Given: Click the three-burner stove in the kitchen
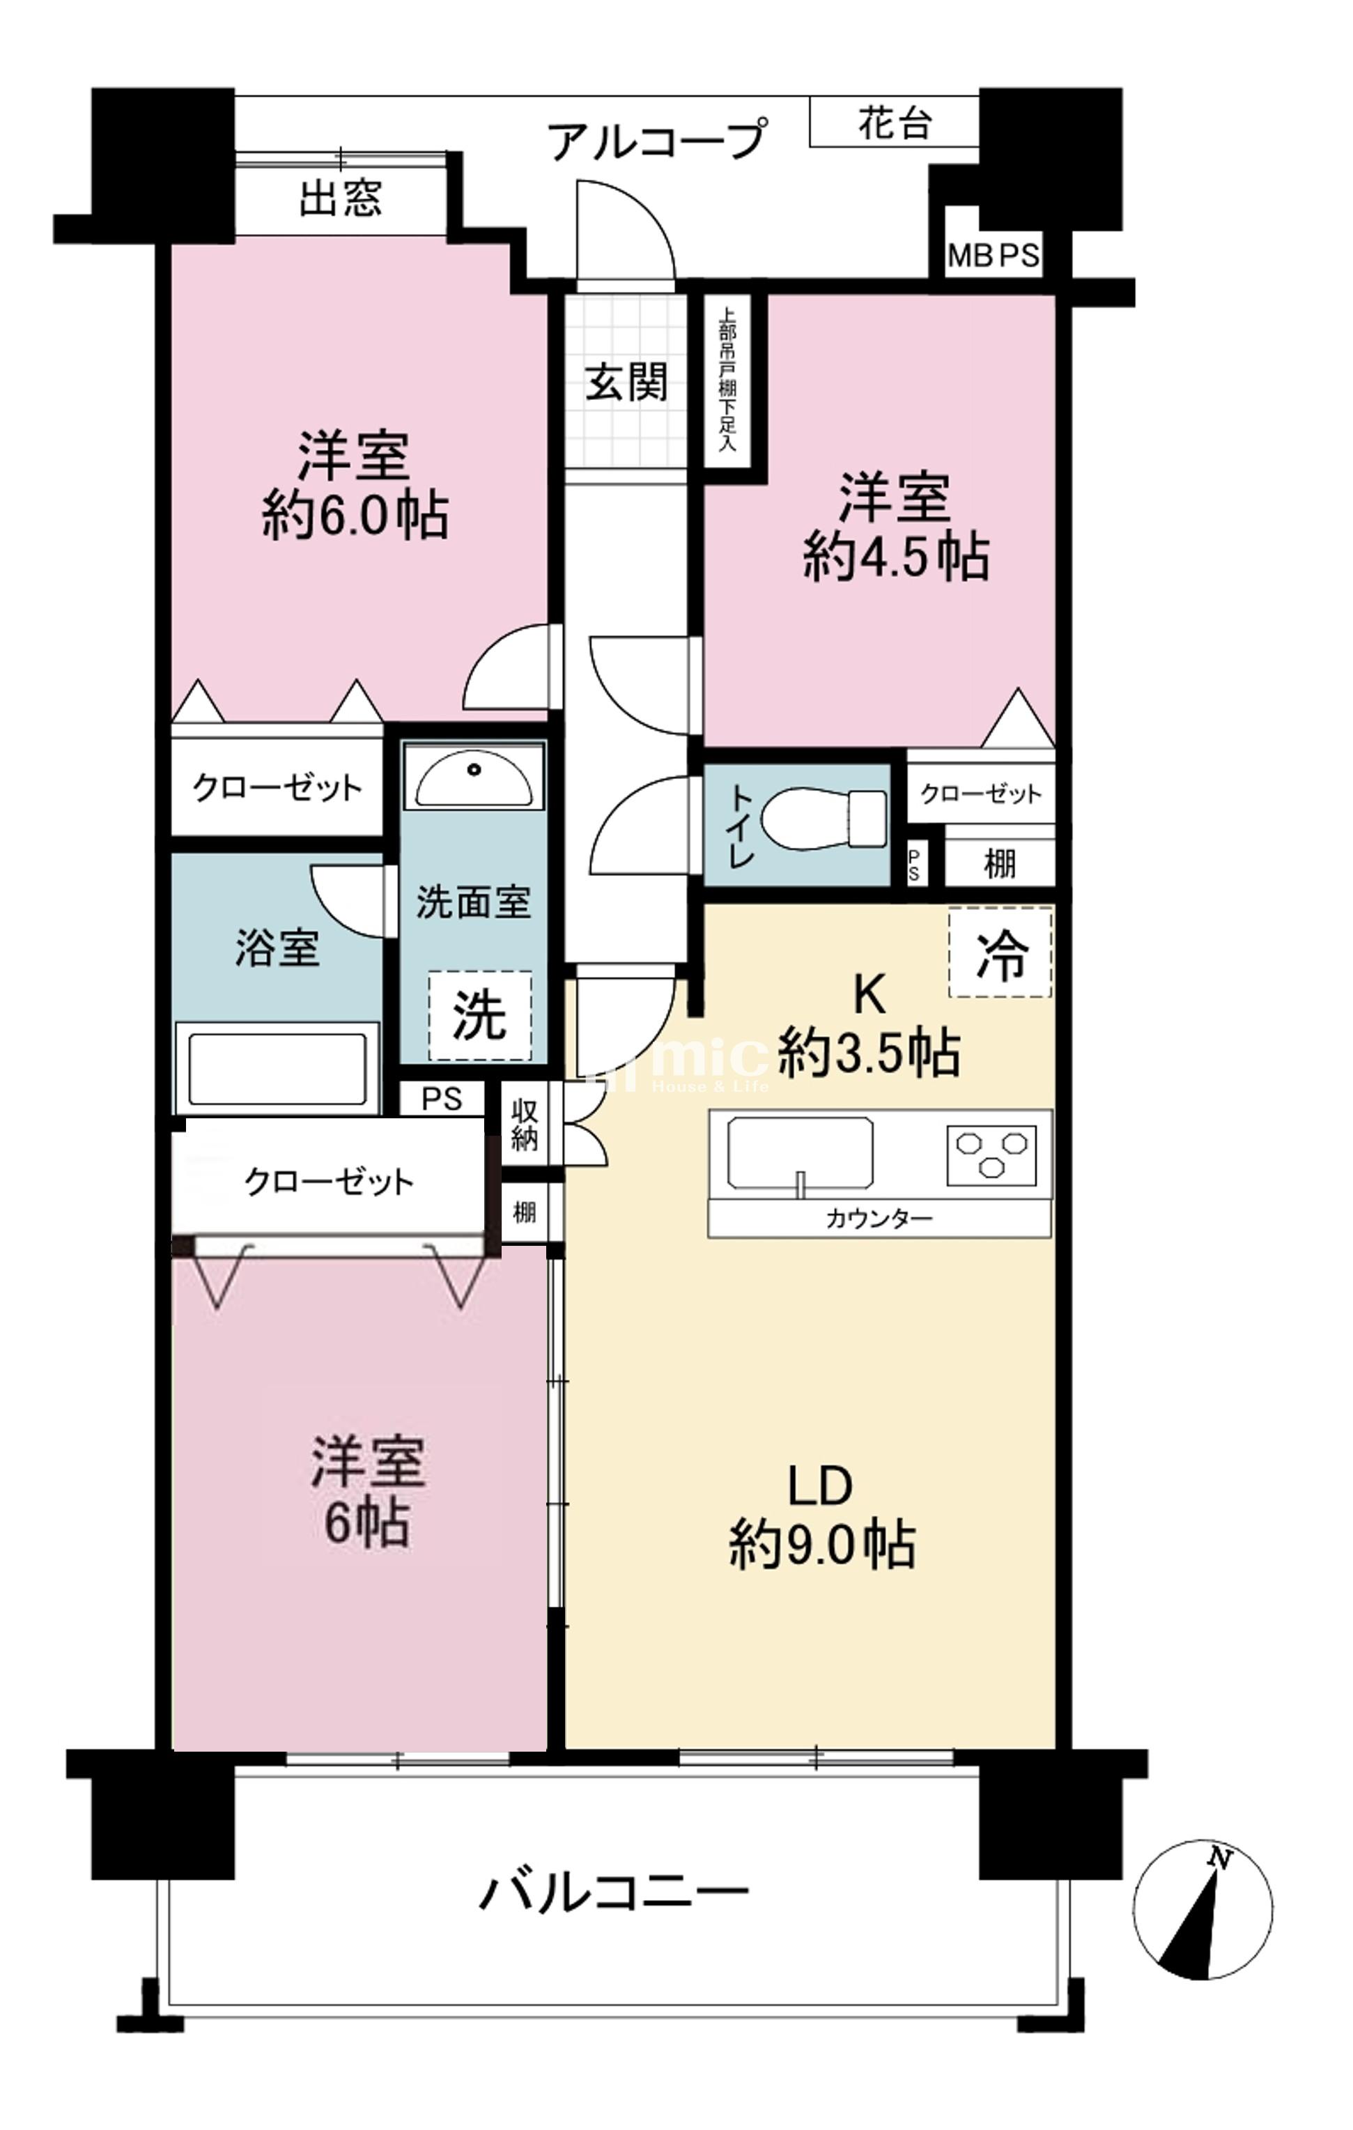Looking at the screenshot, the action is pos(991,1155).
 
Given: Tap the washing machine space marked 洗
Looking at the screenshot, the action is pos(480,1015).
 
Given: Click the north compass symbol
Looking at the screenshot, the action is pos(1203,1910).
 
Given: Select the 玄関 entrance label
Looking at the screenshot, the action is pos(626,383).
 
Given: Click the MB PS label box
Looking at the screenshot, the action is pos(993,256).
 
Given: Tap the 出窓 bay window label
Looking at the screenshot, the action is pos(341,197).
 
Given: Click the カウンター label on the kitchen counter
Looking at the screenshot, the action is pos(879,1219).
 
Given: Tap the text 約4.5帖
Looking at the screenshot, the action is pos(896,557).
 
